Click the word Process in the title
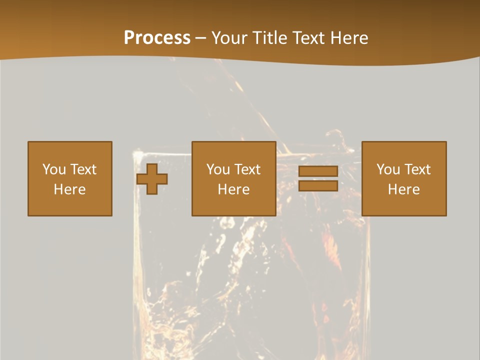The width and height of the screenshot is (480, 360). (x=157, y=38)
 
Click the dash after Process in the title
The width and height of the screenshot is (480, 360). (x=201, y=39)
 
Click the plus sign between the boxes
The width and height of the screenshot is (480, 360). (x=152, y=179)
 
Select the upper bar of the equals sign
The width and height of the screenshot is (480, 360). (x=318, y=171)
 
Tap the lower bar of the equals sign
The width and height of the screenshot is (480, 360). (x=318, y=186)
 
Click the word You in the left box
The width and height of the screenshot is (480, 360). (x=54, y=169)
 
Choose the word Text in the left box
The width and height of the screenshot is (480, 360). (x=83, y=169)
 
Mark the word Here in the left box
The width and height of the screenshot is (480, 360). (x=69, y=189)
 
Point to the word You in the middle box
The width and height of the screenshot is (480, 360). (x=218, y=169)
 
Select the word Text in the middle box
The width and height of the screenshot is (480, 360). (x=247, y=169)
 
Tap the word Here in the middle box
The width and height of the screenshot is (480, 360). (x=233, y=189)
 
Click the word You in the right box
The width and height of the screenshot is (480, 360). (x=388, y=169)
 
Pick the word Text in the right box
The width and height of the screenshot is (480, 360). (x=417, y=169)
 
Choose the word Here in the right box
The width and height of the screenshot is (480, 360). (x=403, y=189)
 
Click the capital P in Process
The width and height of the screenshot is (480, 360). (x=129, y=38)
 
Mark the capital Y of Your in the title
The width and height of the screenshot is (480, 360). (x=216, y=38)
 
